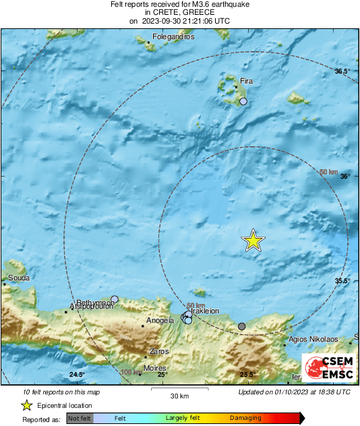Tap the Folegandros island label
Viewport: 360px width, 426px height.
click(173, 37)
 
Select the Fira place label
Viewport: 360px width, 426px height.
click(247, 81)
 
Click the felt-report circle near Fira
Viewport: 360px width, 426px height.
click(244, 101)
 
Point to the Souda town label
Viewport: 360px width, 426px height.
click(18, 277)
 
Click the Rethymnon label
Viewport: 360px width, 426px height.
click(94, 303)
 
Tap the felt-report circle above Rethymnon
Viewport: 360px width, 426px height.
click(115, 299)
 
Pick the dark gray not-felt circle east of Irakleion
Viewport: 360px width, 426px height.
click(242, 326)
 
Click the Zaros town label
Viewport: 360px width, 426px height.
click(160, 351)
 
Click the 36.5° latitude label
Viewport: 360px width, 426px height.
click(343, 71)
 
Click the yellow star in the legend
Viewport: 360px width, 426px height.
click(26, 406)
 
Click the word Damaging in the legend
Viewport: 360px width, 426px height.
click(245, 419)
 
